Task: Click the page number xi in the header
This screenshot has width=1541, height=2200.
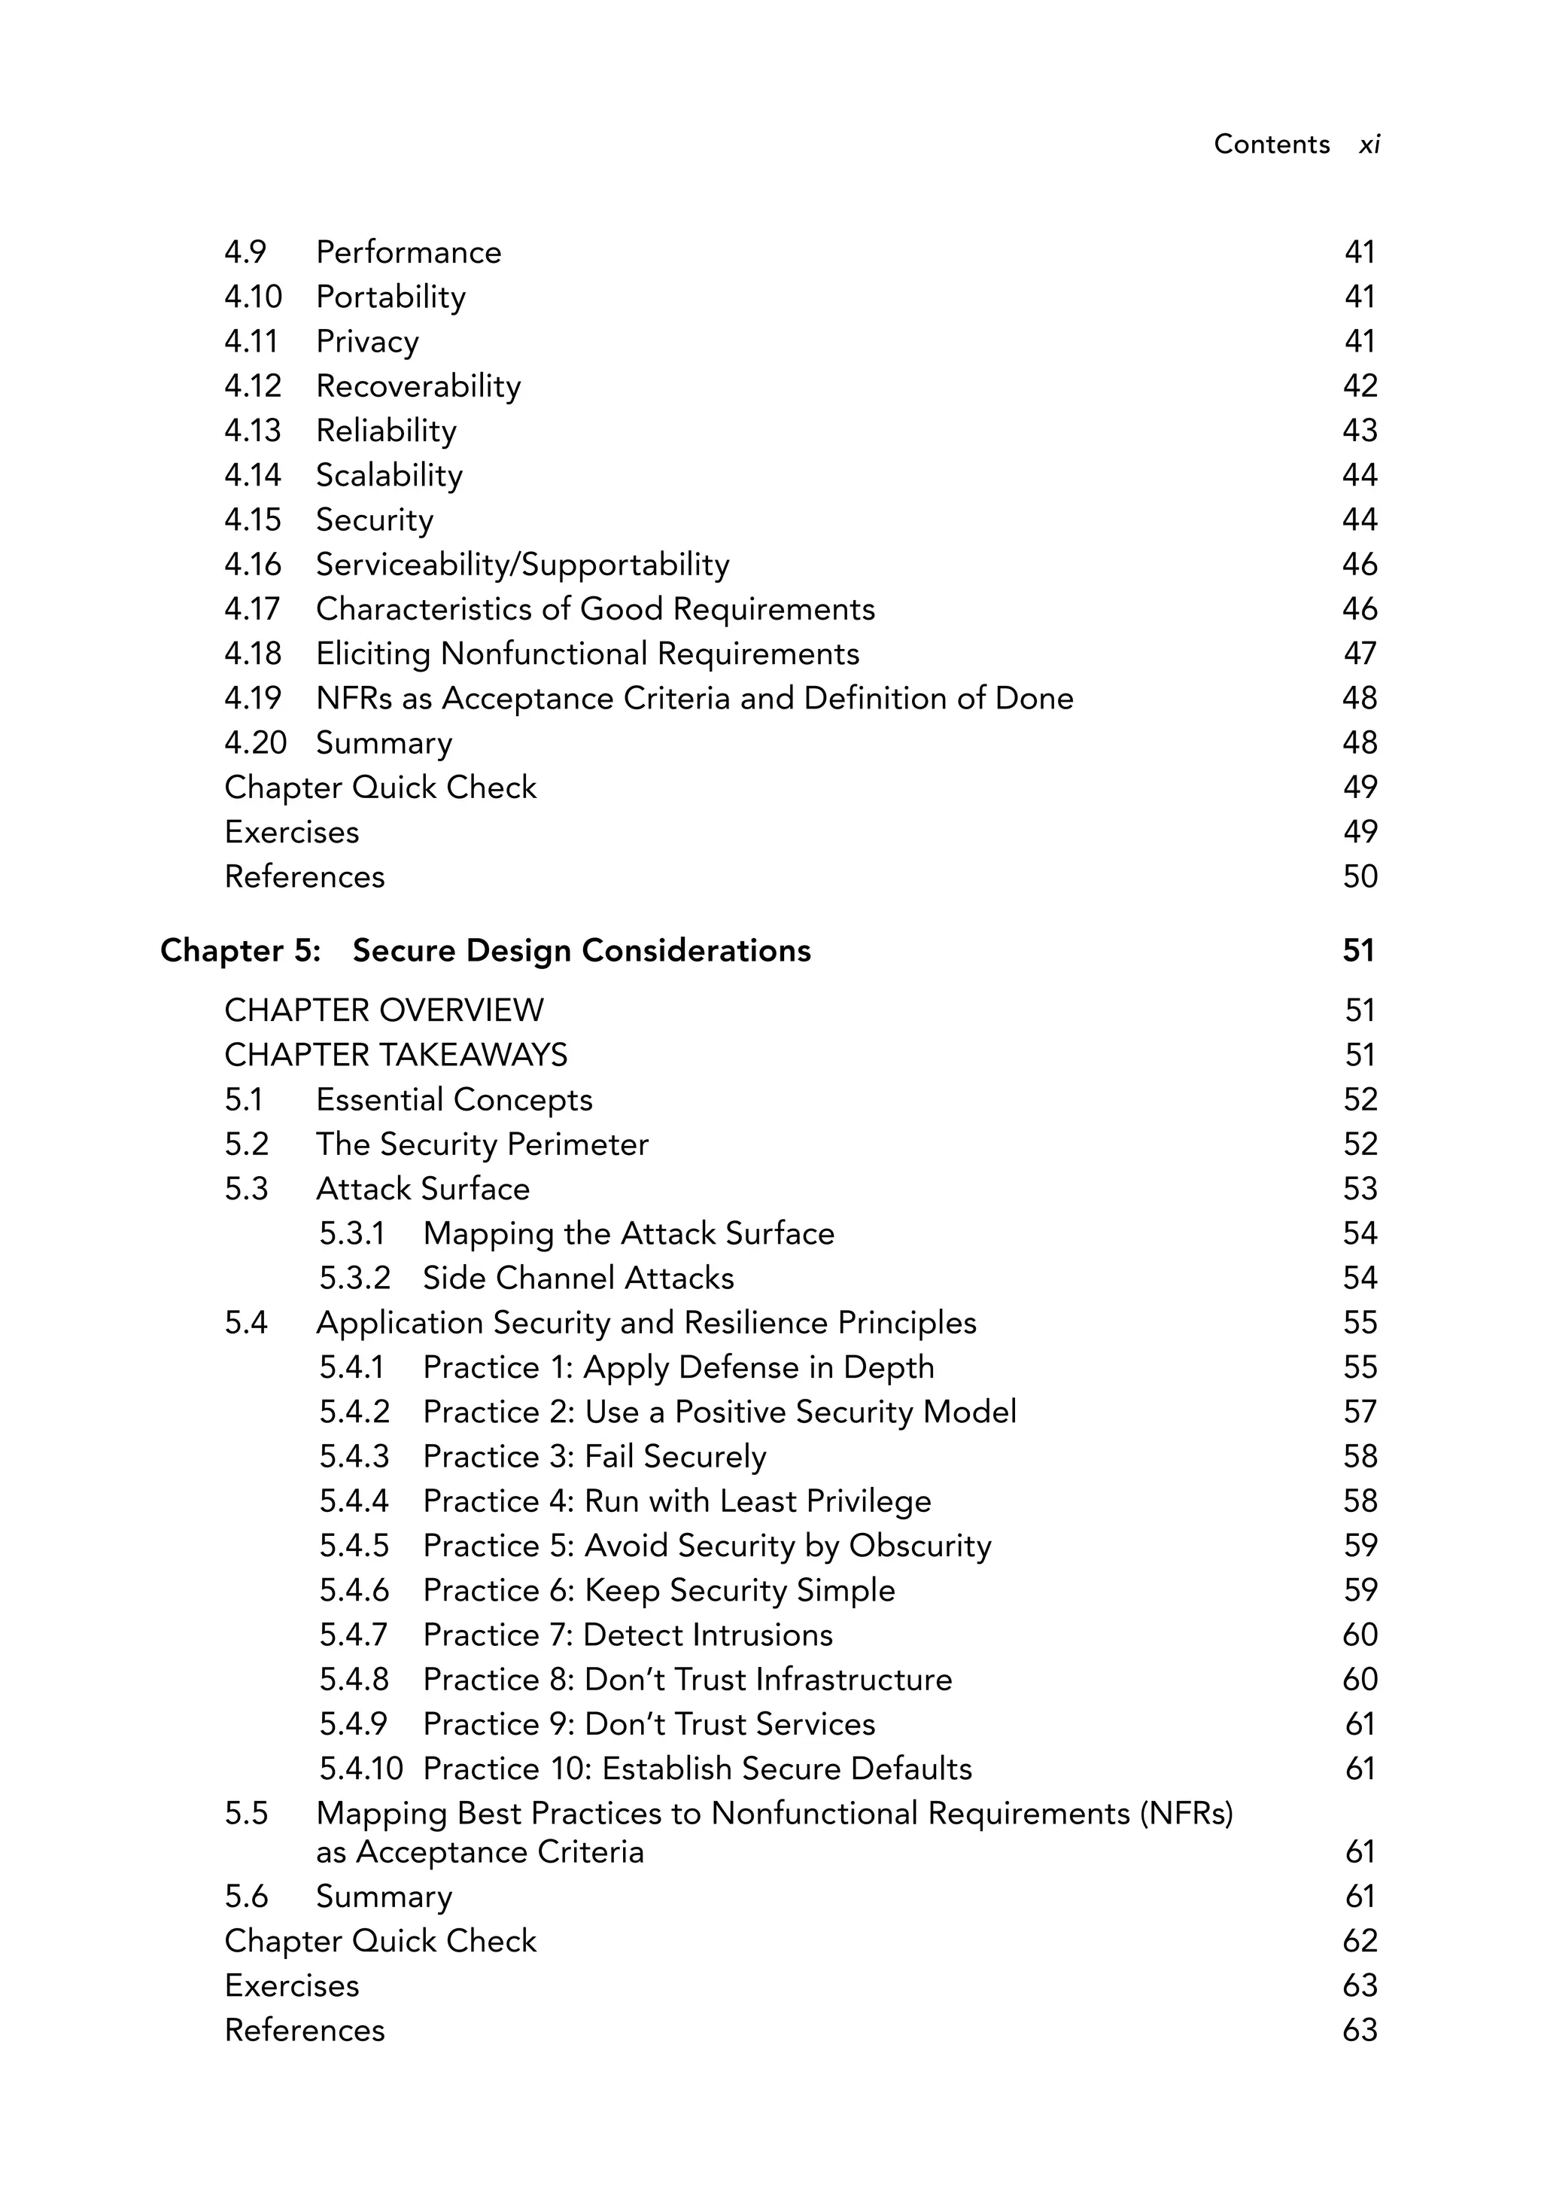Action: point(1369,145)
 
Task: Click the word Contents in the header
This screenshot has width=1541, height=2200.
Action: point(1271,145)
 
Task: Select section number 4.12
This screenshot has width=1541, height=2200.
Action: point(253,386)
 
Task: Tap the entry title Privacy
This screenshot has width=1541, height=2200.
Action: point(366,342)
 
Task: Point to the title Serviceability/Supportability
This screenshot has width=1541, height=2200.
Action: point(522,565)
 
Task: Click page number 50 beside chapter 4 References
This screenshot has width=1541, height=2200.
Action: point(1359,876)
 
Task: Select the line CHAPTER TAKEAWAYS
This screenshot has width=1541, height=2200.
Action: point(396,1056)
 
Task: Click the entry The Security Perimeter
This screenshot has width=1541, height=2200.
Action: point(482,1145)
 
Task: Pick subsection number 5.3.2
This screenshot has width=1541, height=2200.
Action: point(354,1278)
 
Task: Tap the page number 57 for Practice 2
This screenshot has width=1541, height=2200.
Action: point(1359,1412)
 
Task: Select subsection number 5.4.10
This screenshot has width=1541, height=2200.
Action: point(360,1769)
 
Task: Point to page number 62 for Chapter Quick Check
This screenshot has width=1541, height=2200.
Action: point(1359,1941)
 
